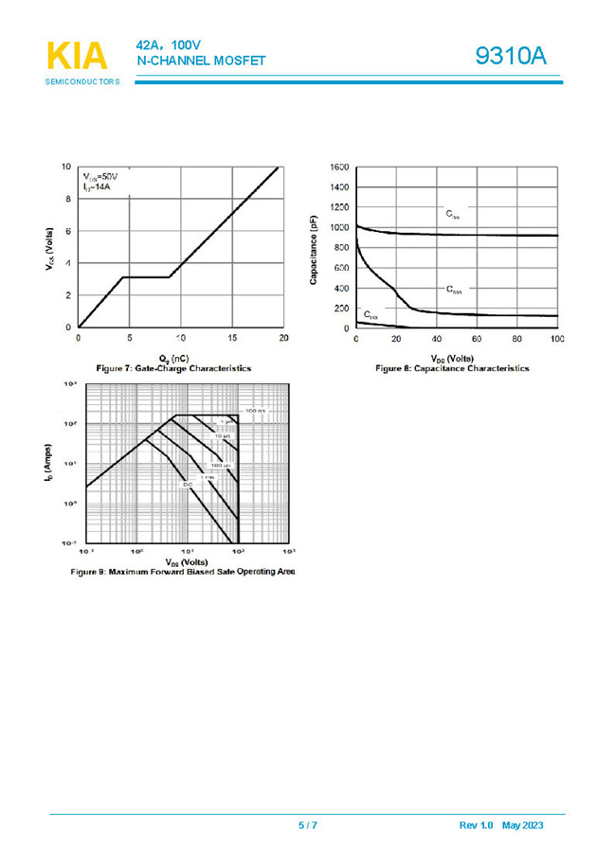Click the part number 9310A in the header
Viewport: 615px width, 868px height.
[x=511, y=57]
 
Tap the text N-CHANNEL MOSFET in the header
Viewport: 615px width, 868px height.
[x=201, y=62]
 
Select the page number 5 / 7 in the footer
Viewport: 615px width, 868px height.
[x=308, y=825]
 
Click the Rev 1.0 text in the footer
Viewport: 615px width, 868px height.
[x=477, y=825]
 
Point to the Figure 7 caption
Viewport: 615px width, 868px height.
[x=173, y=366]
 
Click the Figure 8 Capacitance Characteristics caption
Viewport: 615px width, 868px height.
[x=452, y=368]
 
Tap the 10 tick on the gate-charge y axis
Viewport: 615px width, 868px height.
[x=65, y=167]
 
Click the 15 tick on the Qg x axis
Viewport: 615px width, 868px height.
[x=232, y=339]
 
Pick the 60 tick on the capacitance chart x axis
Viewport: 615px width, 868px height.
[x=477, y=339]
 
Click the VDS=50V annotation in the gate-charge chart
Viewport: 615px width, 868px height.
[x=99, y=177]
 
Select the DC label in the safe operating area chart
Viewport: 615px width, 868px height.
[x=188, y=484]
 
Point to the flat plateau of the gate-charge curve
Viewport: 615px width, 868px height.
[x=147, y=277]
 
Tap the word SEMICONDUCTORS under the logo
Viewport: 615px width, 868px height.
[x=82, y=82]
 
